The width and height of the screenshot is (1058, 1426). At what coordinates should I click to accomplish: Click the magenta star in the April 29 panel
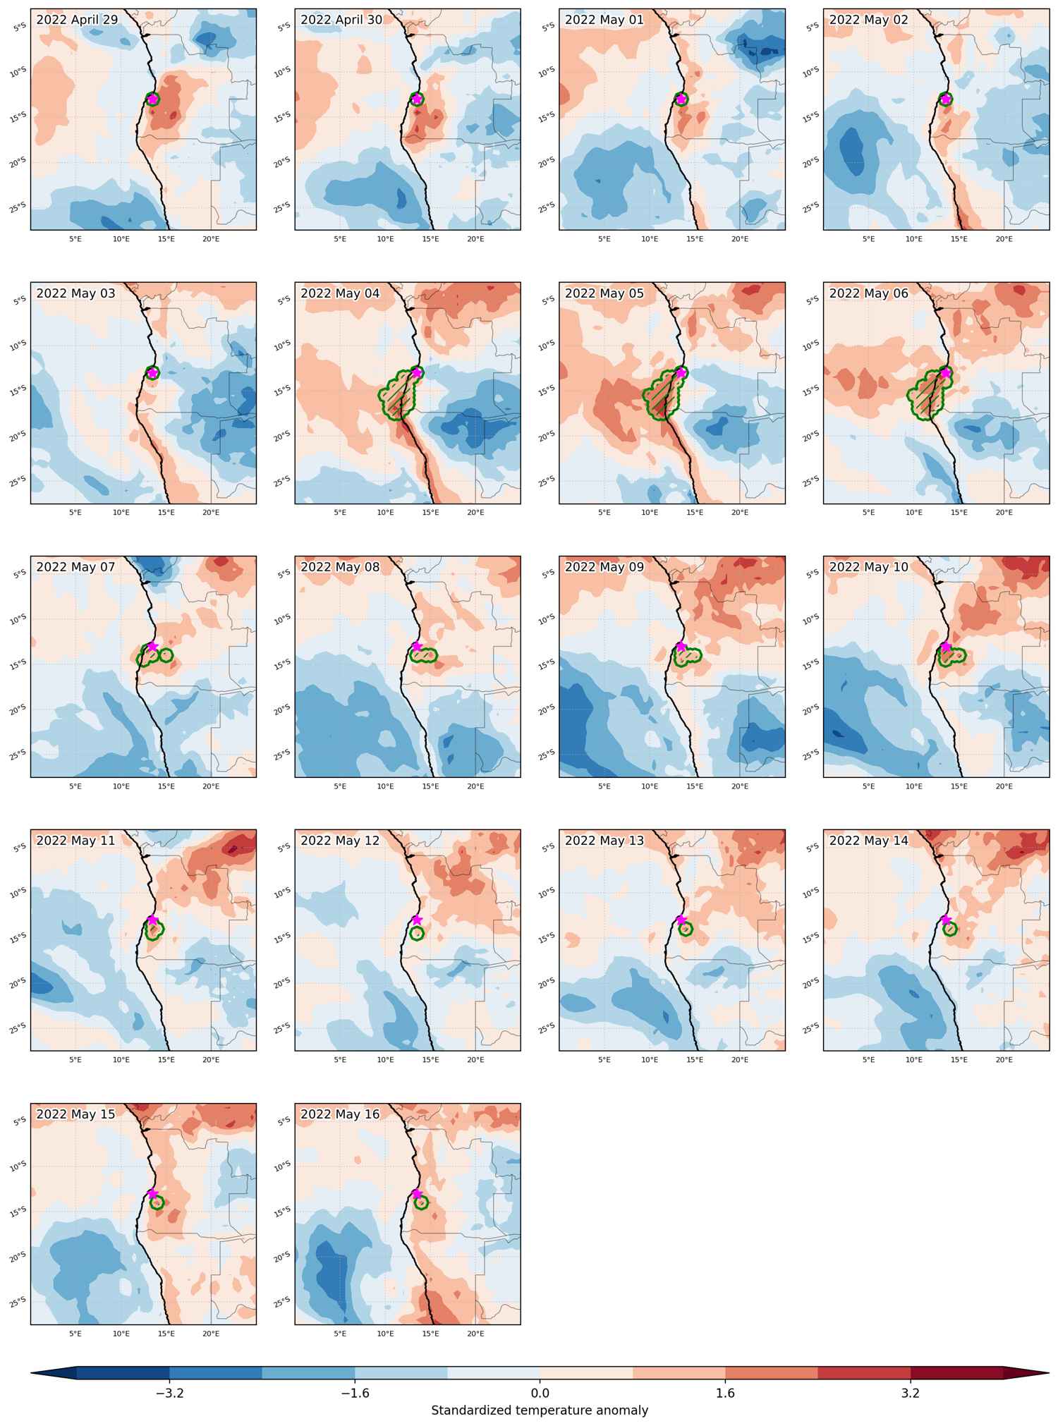pos(152,99)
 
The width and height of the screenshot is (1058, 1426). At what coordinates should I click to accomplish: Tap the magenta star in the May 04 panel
pos(417,372)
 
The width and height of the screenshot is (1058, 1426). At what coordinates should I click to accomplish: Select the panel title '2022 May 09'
pos(604,567)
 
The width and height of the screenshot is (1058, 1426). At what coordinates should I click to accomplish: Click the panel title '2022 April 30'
pos(341,20)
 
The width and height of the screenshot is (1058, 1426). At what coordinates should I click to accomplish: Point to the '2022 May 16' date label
pos(340,1114)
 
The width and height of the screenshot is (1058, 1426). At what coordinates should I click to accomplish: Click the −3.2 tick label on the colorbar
pos(169,1393)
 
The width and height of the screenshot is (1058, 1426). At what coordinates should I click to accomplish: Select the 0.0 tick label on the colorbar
pos(540,1393)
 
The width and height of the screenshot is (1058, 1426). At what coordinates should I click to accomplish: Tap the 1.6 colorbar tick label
pos(725,1393)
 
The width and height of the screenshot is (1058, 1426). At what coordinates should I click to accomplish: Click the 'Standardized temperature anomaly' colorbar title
pos(540,1410)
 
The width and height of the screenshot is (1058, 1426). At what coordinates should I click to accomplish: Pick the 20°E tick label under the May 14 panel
pos(1004,1059)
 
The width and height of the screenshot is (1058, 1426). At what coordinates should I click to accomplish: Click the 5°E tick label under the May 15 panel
pos(75,1333)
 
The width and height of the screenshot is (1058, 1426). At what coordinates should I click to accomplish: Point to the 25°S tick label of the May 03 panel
pos(18,480)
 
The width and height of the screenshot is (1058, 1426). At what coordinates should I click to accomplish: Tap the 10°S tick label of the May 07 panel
pos(18,618)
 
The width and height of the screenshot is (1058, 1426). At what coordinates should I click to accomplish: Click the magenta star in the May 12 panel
pos(417,920)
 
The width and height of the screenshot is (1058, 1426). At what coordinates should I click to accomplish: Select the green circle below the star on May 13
pos(686,929)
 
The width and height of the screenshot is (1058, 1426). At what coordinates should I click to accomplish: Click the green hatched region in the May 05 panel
pos(662,395)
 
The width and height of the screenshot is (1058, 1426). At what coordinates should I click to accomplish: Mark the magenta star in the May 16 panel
pos(417,1193)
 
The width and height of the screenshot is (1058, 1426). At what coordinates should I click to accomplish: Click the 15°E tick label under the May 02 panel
pos(959,238)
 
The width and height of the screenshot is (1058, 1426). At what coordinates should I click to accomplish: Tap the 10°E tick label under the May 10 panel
pos(913,786)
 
